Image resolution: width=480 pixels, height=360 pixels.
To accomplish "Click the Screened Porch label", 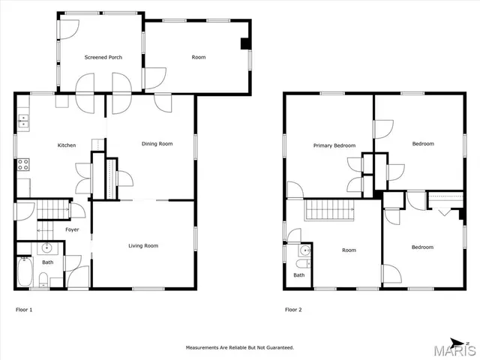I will (x=103, y=58).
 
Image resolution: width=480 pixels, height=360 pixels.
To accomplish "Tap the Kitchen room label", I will (x=67, y=145).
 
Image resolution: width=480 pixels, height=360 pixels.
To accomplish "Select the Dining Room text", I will (x=157, y=144).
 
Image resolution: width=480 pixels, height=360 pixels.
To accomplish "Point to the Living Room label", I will (x=142, y=245).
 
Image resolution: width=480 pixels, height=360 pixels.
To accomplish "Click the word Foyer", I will (x=72, y=229).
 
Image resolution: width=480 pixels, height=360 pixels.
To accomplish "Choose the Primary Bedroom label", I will (x=334, y=145).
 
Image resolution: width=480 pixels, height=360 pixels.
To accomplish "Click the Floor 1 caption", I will (x=24, y=309).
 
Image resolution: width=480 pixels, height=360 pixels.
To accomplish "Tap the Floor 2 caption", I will (x=293, y=309).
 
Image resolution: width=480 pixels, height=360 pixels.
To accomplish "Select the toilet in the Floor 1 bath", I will (x=43, y=280).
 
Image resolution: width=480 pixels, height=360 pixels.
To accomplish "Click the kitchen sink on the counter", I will (x=23, y=120).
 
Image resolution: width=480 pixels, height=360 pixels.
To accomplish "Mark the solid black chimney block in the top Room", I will (x=244, y=43).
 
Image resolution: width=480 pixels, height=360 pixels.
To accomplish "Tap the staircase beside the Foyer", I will (x=52, y=210).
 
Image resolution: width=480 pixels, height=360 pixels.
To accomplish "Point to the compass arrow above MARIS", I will (x=455, y=339).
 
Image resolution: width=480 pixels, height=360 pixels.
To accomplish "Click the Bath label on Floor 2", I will (x=299, y=275).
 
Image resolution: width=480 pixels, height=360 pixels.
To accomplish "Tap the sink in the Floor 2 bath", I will (x=302, y=262).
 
